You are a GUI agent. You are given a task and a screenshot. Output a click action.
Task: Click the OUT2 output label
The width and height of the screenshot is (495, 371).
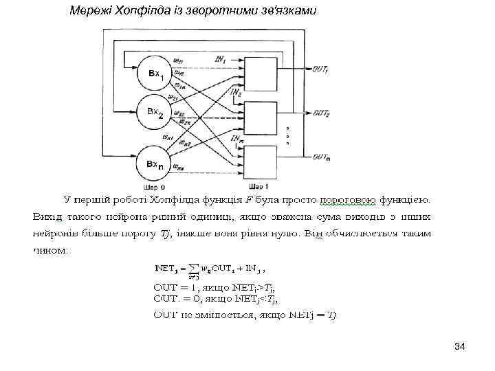[x=321, y=113]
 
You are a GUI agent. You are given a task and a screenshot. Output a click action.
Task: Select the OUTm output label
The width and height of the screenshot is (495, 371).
[x=322, y=157]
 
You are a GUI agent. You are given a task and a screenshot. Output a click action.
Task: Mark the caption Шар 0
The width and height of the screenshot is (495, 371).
[x=154, y=186]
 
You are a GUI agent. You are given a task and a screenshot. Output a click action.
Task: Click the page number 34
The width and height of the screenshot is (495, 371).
[x=459, y=348]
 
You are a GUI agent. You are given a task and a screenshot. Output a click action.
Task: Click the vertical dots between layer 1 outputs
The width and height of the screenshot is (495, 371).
[x=289, y=135]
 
